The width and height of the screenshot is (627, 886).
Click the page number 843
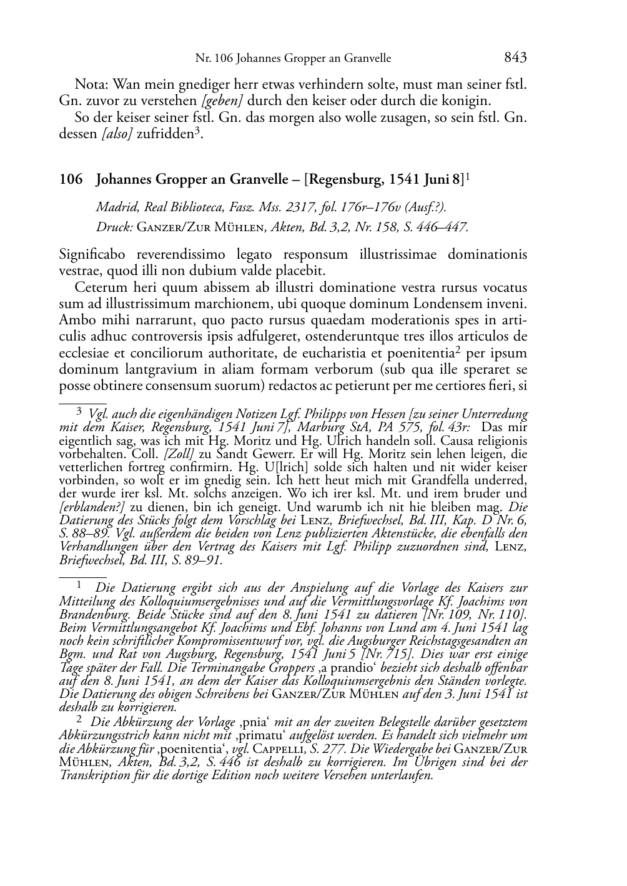[515, 57]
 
